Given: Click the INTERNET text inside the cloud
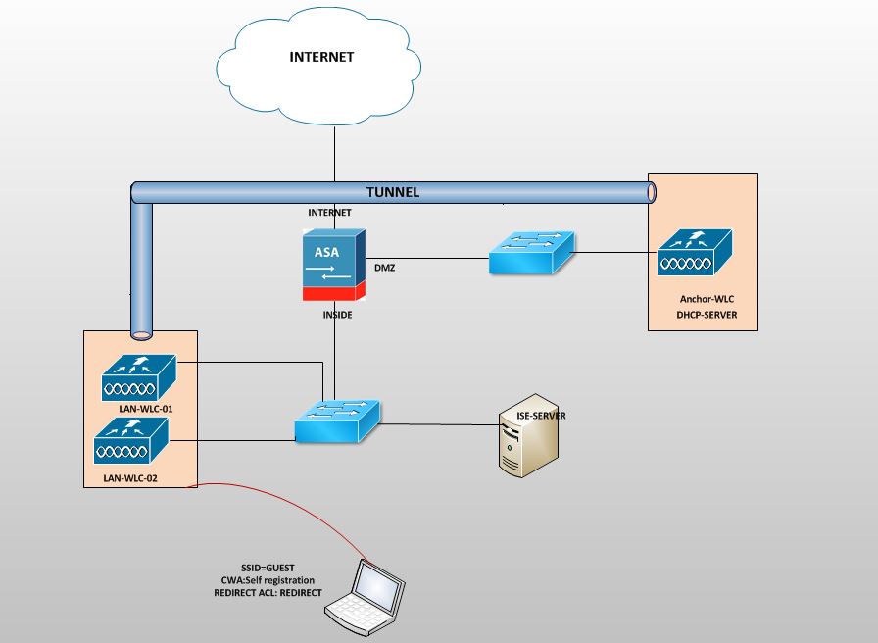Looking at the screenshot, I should click(x=321, y=57).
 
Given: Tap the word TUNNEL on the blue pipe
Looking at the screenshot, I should click(x=392, y=192).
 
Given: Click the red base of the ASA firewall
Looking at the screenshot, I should click(x=333, y=293).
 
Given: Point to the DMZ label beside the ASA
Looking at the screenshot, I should click(x=384, y=267).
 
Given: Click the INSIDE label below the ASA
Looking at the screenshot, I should click(x=337, y=315).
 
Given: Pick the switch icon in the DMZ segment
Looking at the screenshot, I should click(x=530, y=253).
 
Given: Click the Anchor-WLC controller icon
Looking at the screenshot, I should click(x=694, y=251).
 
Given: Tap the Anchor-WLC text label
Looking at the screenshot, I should click(x=707, y=298).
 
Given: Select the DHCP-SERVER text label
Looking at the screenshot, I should click(x=707, y=315).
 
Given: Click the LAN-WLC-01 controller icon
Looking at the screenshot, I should click(x=138, y=377).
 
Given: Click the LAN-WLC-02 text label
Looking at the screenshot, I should click(x=129, y=478).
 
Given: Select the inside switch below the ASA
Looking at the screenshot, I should click(x=337, y=422).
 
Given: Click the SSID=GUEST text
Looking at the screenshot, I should click(x=268, y=569).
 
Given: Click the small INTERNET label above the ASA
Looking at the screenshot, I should click(x=329, y=212).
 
